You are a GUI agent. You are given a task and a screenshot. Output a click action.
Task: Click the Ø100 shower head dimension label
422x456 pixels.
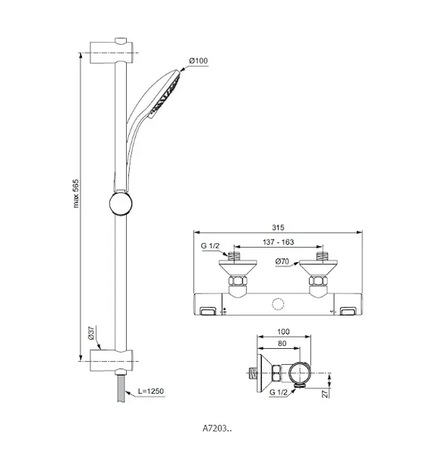tap(198, 61)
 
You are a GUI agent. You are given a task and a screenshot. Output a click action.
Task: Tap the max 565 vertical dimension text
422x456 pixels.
tap(76, 193)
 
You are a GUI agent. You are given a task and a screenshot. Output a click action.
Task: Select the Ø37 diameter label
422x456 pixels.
tap(91, 334)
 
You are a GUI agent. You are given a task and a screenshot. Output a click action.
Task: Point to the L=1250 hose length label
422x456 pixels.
tap(151, 391)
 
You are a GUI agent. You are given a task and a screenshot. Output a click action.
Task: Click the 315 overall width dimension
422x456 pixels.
tap(278, 227)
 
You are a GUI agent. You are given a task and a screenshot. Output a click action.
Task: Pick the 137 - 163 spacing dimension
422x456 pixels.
tap(279, 242)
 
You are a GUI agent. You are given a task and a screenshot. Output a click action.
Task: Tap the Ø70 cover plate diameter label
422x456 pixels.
tap(282, 261)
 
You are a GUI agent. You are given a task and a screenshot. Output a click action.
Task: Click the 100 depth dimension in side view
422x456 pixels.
tap(283, 331)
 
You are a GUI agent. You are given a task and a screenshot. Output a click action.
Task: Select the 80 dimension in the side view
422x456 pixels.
tap(282, 344)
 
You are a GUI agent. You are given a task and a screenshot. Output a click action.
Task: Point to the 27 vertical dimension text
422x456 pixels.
tap(326, 394)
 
